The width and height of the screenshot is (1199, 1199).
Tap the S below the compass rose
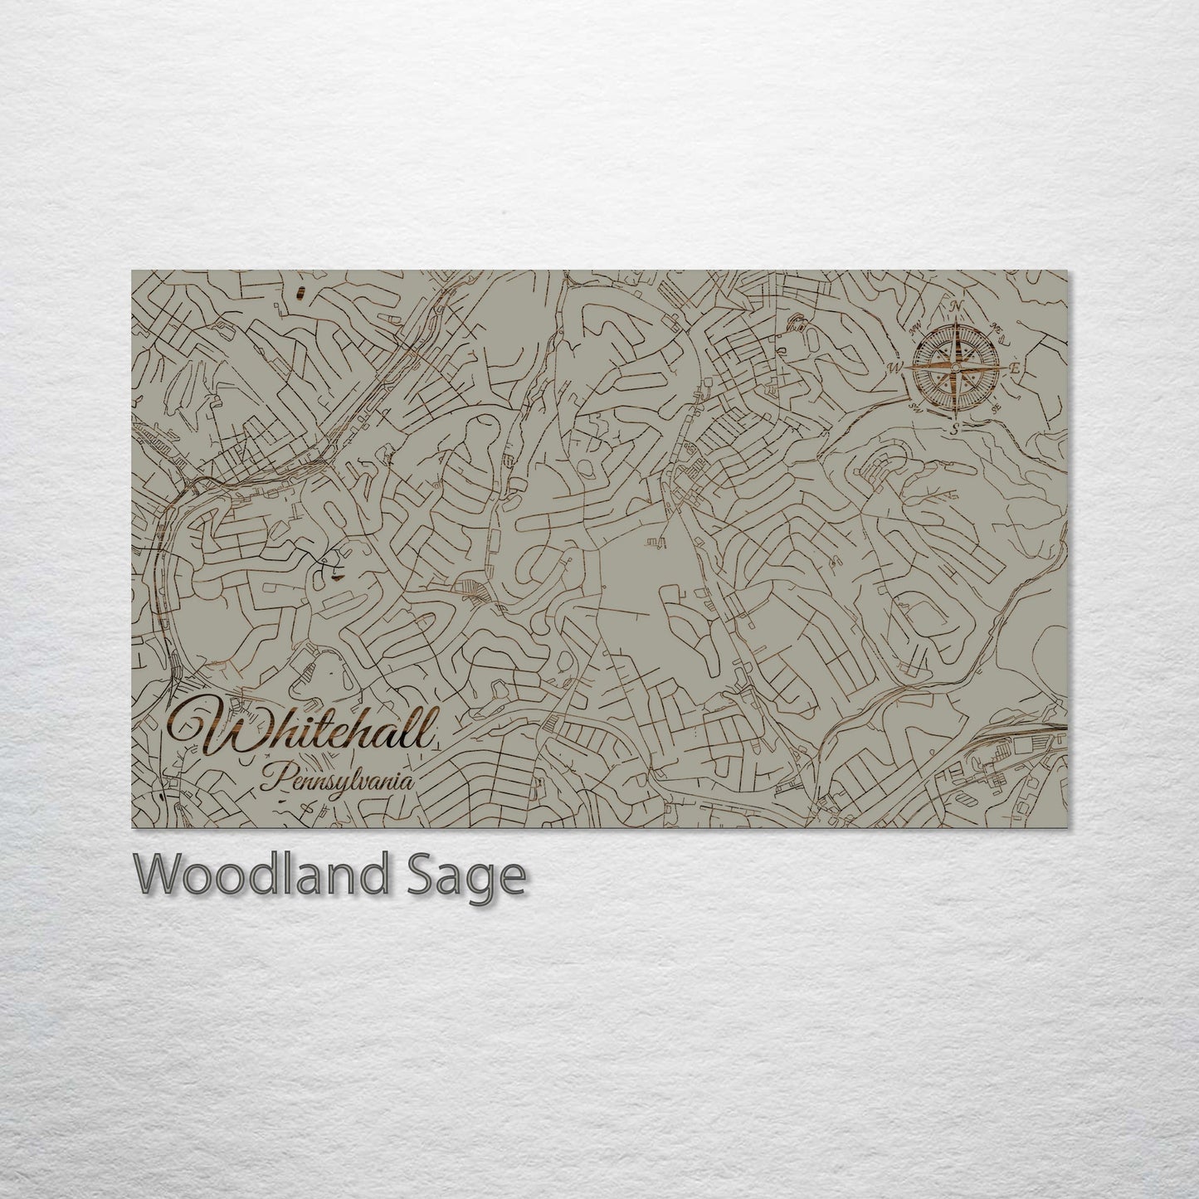pos(956,428)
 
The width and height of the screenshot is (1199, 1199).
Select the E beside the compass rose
pos(1014,369)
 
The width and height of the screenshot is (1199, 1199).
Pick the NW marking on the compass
pos(917,329)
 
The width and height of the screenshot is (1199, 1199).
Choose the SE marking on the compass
pos(996,407)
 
